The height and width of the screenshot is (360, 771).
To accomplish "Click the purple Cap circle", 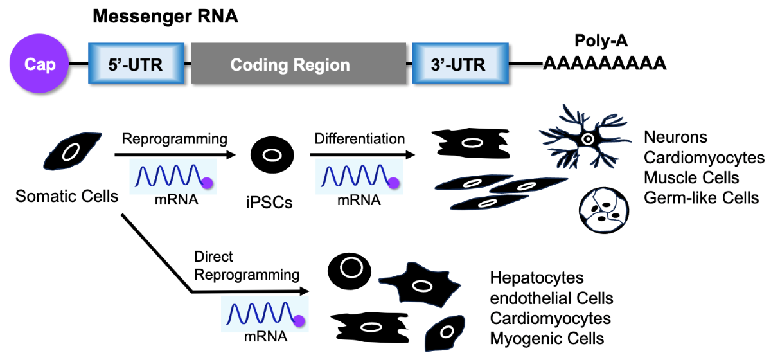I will click(39, 64).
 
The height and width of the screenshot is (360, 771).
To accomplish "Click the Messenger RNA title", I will click(165, 17).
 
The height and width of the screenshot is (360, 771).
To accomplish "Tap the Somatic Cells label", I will click(67, 195).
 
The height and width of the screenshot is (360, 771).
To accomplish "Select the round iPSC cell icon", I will click(272, 156).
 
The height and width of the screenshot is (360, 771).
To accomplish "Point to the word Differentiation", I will click(359, 139).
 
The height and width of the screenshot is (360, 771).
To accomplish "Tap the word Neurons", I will click(675, 137).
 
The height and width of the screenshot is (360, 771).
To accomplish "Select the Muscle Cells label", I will click(691, 177).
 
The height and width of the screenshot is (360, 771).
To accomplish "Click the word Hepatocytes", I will click(536, 278).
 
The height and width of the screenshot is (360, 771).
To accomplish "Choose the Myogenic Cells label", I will click(547, 338).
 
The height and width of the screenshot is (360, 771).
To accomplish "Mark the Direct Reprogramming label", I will click(247, 265).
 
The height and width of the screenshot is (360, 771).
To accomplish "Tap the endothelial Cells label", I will click(551, 298).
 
